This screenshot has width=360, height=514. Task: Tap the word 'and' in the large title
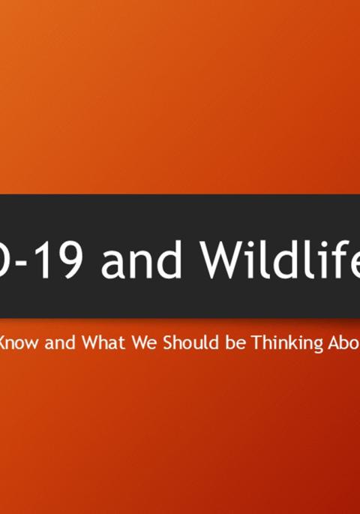[143, 259]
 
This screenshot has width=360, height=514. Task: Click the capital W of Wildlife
[223, 259]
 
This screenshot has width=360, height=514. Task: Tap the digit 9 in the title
[73, 259]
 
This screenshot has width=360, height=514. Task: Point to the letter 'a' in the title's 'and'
[115, 262]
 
